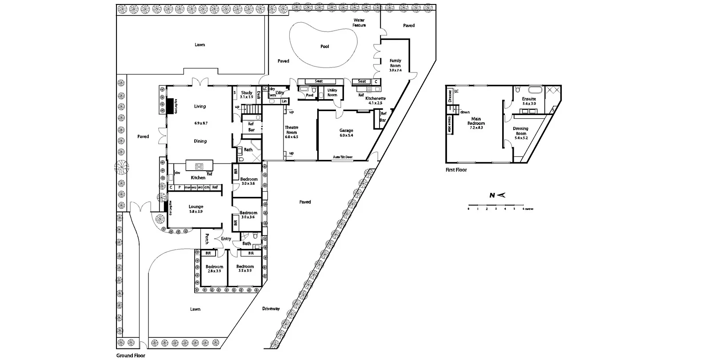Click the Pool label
pyautogui.click(x=325, y=46)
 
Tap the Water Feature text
pyautogui.click(x=359, y=23)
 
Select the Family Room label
pyautogui.click(x=395, y=65)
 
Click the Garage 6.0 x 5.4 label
pyautogui.click(x=346, y=132)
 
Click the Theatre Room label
pyautogui.click(x=292, y=132)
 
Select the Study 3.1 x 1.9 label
pyautogui.click(x=247, y=95)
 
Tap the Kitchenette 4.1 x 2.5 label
pyautogui.click(x=375, y=100)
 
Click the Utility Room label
pyautogui.click(x=332, y=92)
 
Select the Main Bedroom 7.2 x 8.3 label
pyautogui.click(x=476, y=123)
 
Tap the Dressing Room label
pyautogui.click(x=521, y=133)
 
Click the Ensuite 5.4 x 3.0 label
pyautogui.click(x=529, y=101)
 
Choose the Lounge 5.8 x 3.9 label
pyautogui.click(x=196, y=209)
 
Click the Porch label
pyautogui.click(x=207, y=239)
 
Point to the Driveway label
pyautogui.click(x=271, y=308)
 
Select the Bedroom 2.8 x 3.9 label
pyautogui.click(x=214, y=268)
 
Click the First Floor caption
pyautogui.click(x=456, y=170)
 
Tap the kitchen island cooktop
pyautogui.click(x=199, y=167)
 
